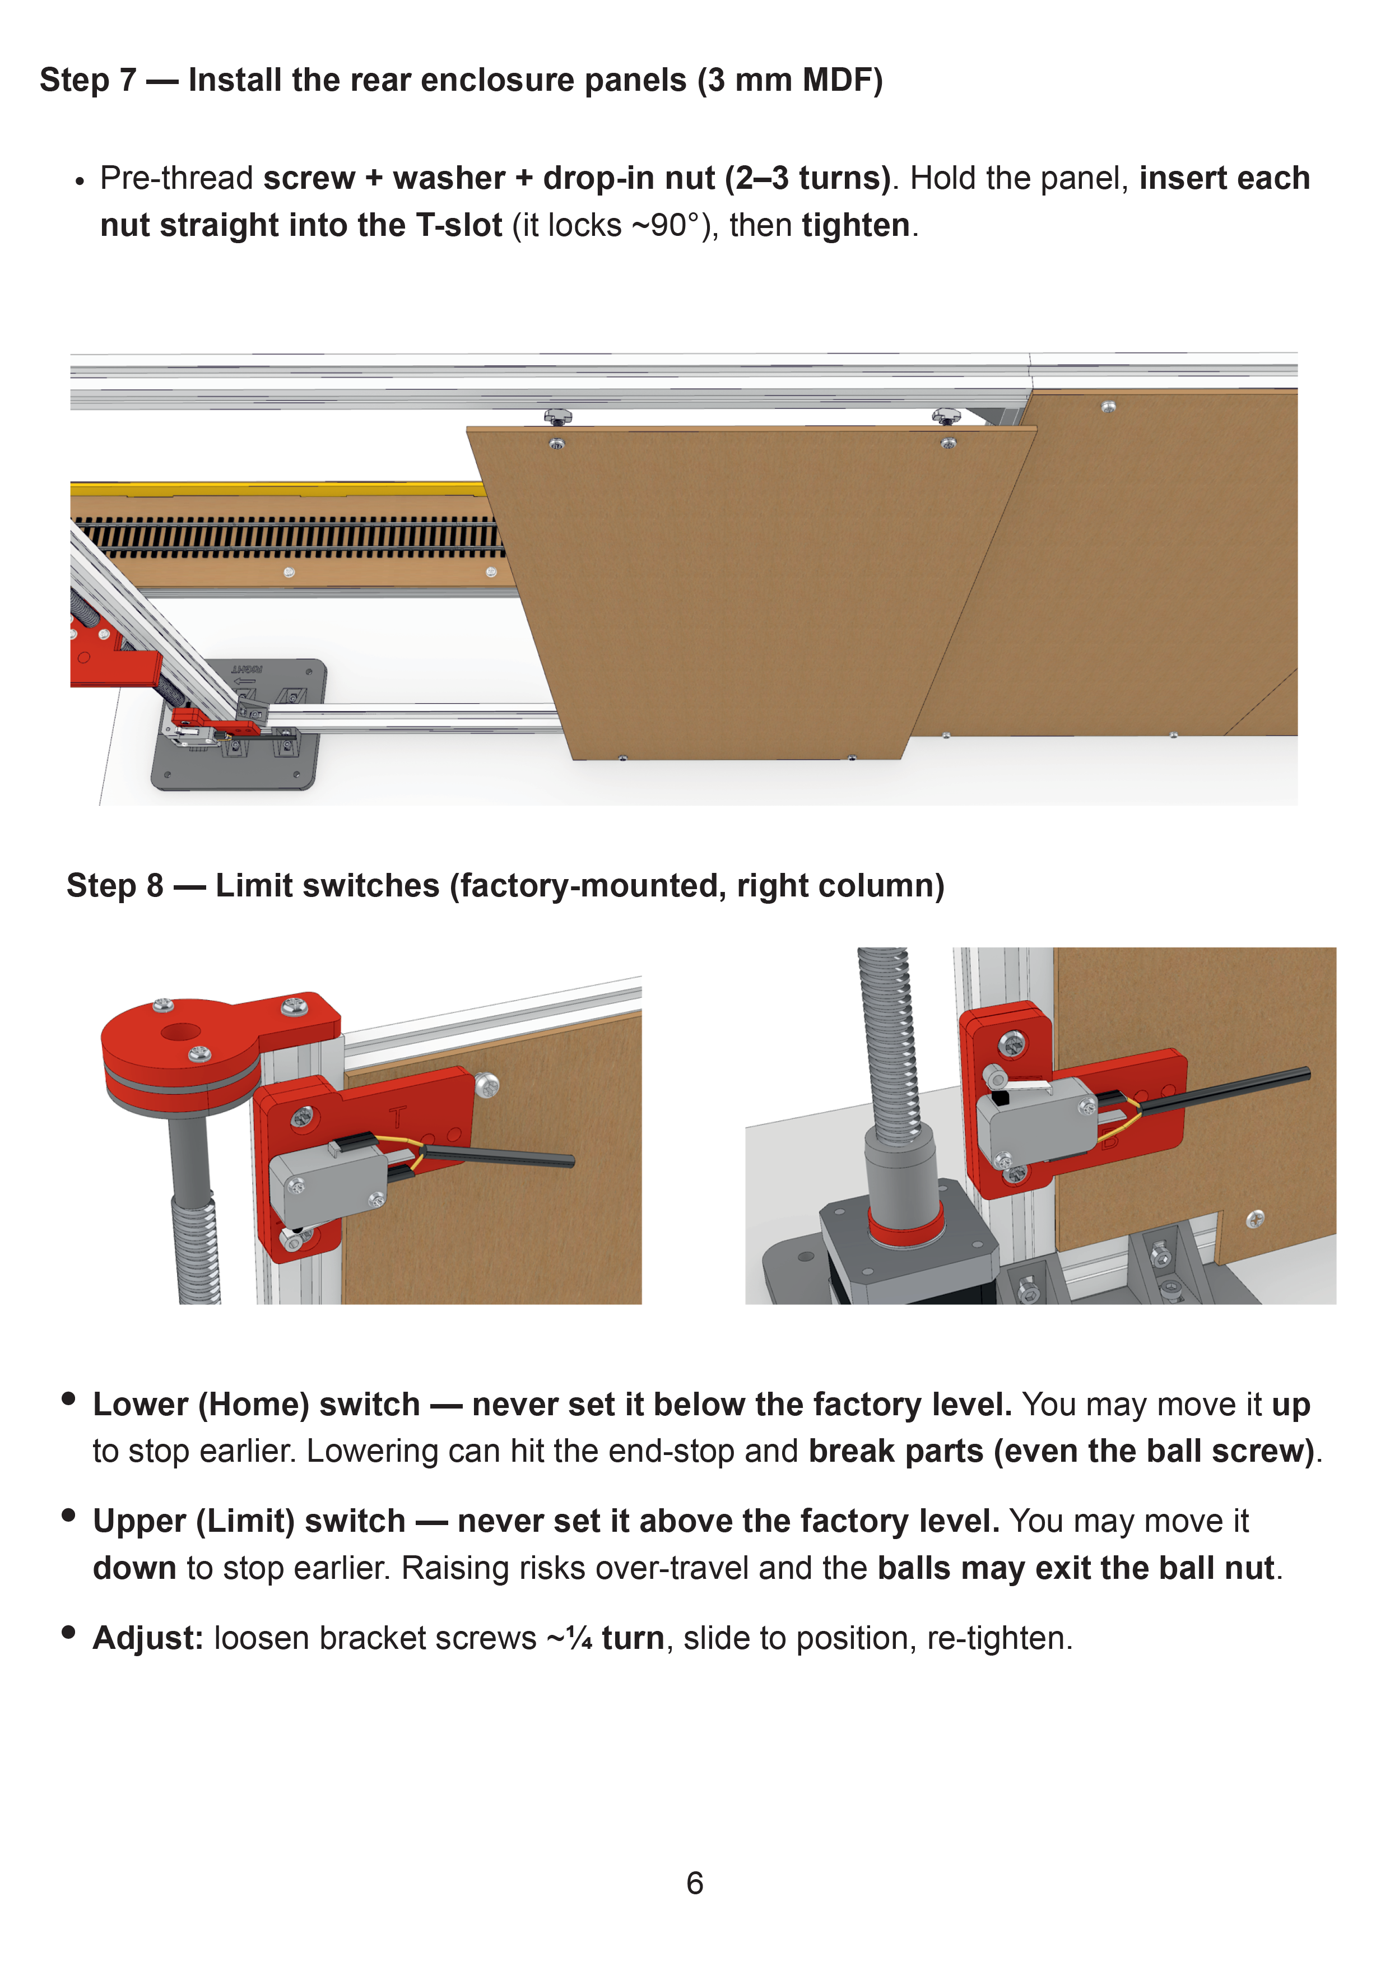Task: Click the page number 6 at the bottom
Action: pos(695,1883)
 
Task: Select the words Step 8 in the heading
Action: pos(115,885)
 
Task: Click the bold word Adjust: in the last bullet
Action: pos(148,1638)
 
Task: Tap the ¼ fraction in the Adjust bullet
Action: pos(579,1638)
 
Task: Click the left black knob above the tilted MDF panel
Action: pos(557,417)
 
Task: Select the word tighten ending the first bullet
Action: pos(856,225)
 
